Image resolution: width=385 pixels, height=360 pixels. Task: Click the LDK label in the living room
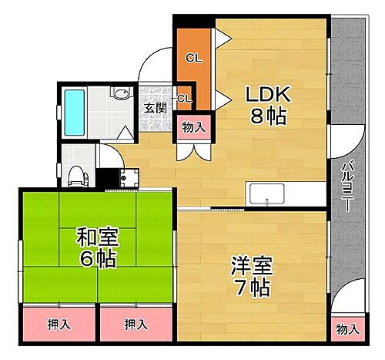(266, 95)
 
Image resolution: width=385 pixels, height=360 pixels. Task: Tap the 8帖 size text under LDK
(266, 118)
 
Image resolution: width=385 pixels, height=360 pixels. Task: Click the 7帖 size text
(250, 290)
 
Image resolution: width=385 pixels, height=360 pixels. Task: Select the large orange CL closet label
(193, 56)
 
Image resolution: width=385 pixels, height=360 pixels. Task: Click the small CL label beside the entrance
(185, 98)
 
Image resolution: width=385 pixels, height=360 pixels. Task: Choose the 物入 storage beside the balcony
(347, 329)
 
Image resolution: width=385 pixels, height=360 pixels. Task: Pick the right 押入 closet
(136, 325)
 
